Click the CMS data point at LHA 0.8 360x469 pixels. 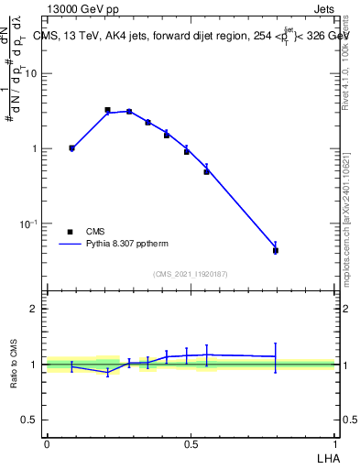tap(276, 250)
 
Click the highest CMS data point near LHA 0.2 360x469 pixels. tap(107, 110)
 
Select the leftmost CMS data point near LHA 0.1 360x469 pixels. tap(71, 147)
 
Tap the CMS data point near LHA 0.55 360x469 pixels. tap(206, 171)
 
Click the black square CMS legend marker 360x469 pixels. tap(70, 232)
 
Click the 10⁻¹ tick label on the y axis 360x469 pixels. tap(28, 224)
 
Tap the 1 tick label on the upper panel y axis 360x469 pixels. tap(34, 148)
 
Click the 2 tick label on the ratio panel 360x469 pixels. tap(34, 309)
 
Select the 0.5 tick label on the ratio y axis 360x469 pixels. tap(29, 420)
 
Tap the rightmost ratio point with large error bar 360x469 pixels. tap(276, 356)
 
